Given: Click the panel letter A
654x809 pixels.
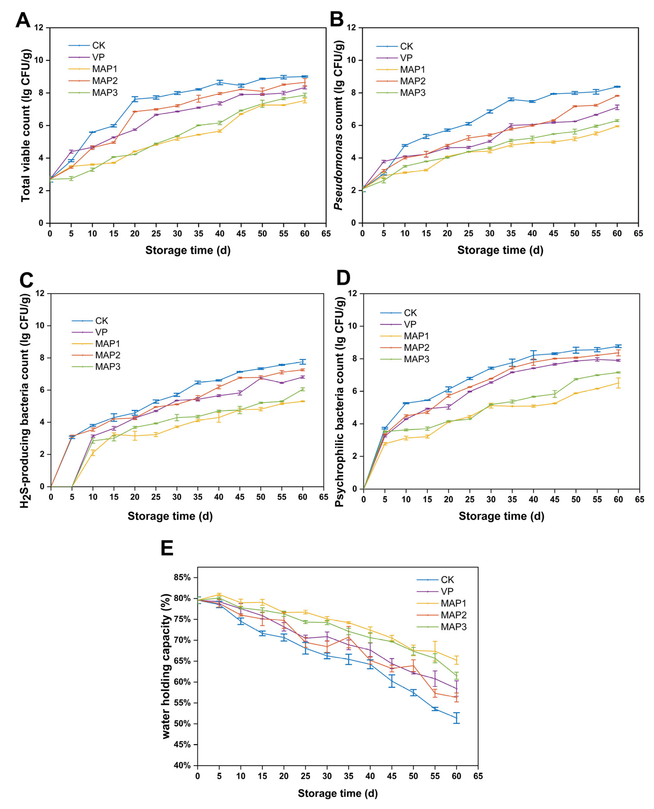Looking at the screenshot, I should click(23, 20).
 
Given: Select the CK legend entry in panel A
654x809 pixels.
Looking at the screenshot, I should click(98, 46).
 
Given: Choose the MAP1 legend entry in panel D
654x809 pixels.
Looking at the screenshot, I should click(416, 336).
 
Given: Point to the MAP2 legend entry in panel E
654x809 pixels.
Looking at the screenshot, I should click(454, 615).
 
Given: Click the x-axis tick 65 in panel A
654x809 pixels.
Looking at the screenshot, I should click(326, 234).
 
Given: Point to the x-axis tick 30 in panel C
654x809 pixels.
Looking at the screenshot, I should click(177, 497).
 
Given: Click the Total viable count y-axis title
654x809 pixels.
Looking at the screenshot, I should click(26, 125).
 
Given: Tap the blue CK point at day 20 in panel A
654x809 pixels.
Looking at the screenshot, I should click(135, 99).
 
